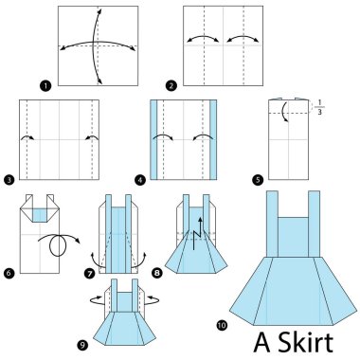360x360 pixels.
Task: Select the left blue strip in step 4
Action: pyautogui.click(x=155, y=141)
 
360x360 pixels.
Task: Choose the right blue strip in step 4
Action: pyautogui.click(x=213, y=141)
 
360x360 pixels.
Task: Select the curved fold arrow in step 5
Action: pyautogui.click(x=282, y=116)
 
